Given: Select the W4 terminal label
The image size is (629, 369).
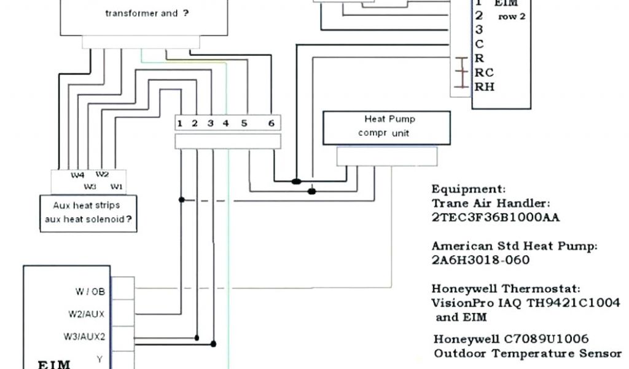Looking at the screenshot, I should pos(77,175).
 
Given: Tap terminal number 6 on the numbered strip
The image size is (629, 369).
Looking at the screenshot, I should pos(270,123).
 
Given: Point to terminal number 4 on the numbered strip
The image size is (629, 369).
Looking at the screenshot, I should pos(225,123).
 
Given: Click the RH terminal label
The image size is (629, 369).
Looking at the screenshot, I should pos(484,87).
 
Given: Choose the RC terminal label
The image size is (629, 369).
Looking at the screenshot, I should pos(484,73).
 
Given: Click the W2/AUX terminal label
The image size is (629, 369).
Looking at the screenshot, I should pos(86,314).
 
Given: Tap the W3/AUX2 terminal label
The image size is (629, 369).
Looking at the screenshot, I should pos(84,337).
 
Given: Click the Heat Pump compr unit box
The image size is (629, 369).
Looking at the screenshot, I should pos(386,127).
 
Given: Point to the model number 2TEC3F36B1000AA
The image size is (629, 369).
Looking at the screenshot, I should pos(495,217).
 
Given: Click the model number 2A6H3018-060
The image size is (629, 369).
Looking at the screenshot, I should pos(480,260).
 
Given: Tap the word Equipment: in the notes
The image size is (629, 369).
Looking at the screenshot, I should pos(469,189).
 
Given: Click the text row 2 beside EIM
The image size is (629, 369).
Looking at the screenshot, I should pos(512,17).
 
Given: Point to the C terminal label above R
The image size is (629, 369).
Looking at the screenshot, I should pos(479,44).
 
